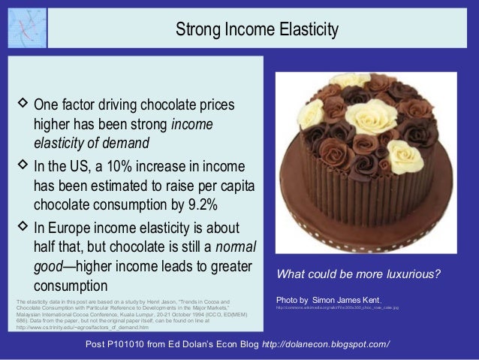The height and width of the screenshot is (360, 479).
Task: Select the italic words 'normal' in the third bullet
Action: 237,247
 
